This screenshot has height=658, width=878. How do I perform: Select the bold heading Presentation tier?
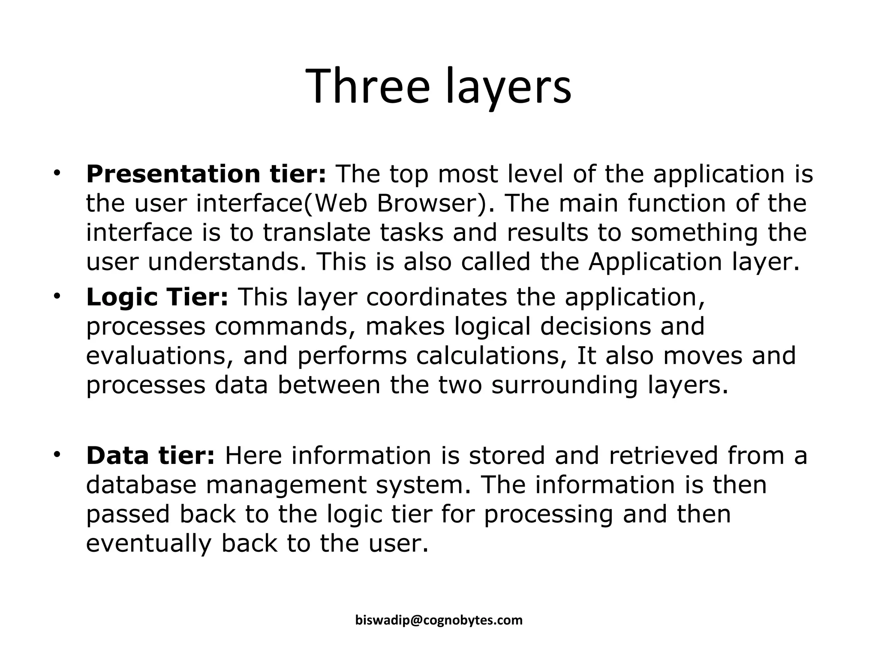[x=206, y=174]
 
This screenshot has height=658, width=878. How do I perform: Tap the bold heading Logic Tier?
[x=157, y=297]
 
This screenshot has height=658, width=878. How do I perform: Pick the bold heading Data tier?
[x=150, y=455]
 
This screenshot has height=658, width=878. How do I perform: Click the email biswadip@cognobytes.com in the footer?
[x=439, y=620]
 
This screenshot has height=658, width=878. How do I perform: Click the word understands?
[x=223, y=262]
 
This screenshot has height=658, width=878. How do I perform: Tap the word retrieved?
[x=663, y=455]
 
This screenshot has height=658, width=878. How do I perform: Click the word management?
[x=286, y=485]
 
